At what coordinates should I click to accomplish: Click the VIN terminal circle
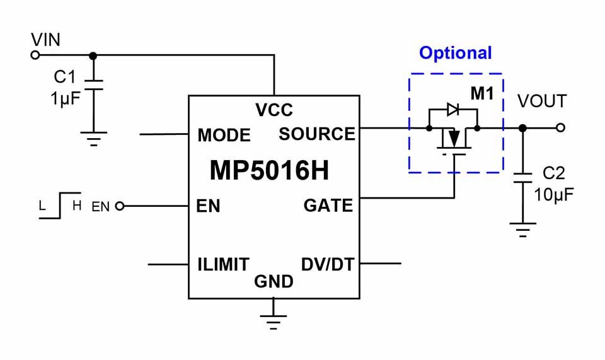(35, 55)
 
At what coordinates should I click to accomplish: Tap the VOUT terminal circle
(561, 127)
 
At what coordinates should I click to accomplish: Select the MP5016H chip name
(269, 170)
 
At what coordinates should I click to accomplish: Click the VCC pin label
(274, 110)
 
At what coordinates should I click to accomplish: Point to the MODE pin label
(224, 136)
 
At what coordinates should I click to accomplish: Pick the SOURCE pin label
(317, 134)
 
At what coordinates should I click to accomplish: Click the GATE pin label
(328, 206)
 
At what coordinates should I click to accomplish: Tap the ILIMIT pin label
(223, 265)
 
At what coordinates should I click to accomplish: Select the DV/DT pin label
(328, 265)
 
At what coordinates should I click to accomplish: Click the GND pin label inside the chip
(274, 282)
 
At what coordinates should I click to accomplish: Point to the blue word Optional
(455, 53)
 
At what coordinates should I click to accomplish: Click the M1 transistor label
(482, 93)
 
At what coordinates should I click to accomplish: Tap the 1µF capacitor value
(65, 99)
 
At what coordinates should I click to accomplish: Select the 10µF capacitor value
(554, 194)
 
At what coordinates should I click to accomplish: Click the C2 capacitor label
(554, 173)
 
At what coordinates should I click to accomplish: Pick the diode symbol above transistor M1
(452, 110)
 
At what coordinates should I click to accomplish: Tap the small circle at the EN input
(120, 206)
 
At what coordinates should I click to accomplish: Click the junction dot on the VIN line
(93, 55)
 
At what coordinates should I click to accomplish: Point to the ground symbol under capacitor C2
(523, 229)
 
